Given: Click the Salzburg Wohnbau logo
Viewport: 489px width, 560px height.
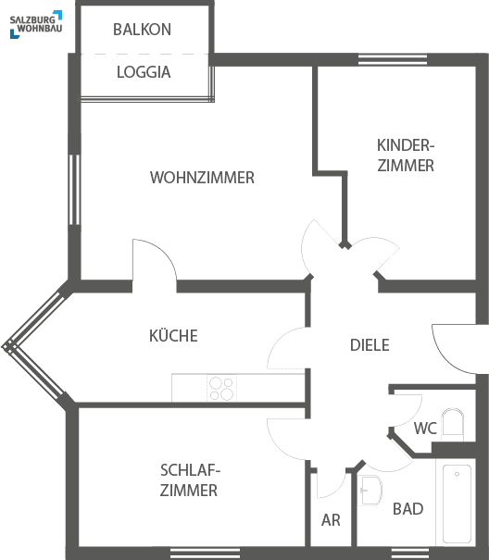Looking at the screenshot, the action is (36, 24).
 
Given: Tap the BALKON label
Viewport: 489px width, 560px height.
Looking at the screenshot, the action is (143, 30).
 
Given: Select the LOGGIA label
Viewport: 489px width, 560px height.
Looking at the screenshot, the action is (144, 72).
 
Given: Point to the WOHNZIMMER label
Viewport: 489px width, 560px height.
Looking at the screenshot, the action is (202, 178).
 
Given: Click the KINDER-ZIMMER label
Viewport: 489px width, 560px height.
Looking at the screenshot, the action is (406, 156).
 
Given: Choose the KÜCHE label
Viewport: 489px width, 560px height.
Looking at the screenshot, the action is (173, 335).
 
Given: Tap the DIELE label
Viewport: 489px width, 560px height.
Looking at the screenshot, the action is (370, 345).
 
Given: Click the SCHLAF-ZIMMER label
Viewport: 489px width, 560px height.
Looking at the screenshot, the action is (190, 480).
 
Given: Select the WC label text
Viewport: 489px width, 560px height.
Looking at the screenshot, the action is (425, 429).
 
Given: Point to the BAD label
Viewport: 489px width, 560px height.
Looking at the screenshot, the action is (407, 509).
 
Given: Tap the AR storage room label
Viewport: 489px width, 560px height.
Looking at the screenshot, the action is (331, 520).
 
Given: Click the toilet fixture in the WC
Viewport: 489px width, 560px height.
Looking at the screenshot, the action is (453, 425).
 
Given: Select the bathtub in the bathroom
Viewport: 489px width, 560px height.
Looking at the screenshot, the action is (457, 504).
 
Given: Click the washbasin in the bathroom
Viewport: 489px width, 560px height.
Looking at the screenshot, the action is (370, 491).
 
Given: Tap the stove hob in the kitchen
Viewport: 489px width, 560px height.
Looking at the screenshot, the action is (221, 388).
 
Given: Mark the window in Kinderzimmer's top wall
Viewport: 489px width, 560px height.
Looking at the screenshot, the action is (393, 59).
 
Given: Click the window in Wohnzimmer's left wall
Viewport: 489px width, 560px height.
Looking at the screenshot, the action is (74, 190).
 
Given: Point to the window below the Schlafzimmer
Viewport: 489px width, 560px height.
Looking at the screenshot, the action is (205, 553).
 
